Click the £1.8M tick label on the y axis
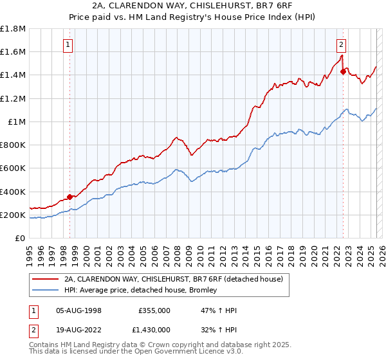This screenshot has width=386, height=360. click(12, 29)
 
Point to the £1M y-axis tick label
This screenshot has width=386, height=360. click(15, 122)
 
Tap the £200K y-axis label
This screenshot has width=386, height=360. click(12, 215)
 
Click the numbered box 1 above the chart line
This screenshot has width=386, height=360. click(68, 44)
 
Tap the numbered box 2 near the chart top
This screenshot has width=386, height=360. click(341, 44)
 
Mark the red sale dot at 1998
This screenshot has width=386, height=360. click(69, 197)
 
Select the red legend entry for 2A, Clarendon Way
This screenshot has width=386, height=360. click(176, 280)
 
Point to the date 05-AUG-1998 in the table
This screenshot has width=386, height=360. click(78, 310)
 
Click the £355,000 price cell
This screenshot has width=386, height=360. click(154, 310)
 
